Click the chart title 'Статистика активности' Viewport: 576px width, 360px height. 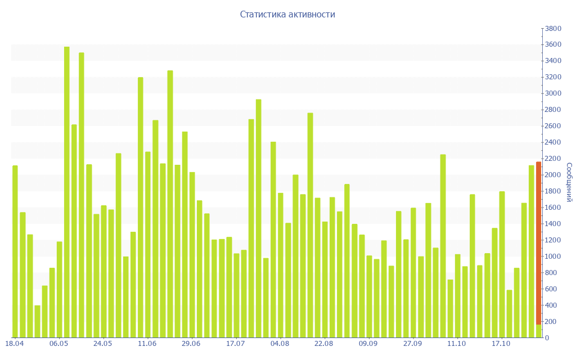coord(287,15)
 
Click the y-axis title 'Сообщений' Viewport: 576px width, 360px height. coord(569,182)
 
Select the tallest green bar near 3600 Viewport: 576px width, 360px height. coord(66,191)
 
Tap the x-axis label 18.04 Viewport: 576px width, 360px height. coord(15,344)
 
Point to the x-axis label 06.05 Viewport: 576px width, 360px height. coord(59,344)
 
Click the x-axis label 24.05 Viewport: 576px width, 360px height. coord(103,344)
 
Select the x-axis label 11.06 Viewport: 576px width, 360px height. coord(147,344)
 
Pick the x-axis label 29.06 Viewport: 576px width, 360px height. coord(191,344)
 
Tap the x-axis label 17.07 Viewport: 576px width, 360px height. coord(235,344)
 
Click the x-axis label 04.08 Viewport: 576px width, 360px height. coord(280,344)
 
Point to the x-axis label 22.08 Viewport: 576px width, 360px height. coord(324,344)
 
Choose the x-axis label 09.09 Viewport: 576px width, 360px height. coord(368,344)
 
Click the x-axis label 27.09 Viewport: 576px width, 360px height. coord(412,344)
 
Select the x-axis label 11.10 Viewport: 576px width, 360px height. coord(457,344)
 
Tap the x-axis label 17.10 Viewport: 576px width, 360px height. coord(501,344)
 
